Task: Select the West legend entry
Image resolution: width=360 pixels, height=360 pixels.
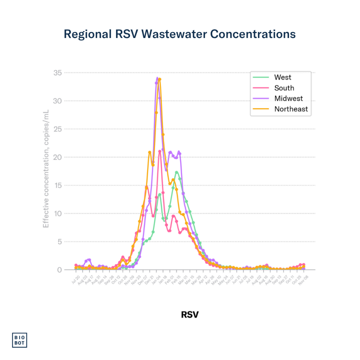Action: (283, 77)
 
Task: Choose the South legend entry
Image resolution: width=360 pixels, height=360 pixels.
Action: (284, 88)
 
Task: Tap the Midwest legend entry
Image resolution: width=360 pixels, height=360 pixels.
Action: (288, 98)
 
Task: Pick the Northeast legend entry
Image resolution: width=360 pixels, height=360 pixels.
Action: (291, 109)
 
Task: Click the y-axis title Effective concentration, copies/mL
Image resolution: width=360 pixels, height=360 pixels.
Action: (46, 169)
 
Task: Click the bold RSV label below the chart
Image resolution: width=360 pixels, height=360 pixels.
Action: (189, 314)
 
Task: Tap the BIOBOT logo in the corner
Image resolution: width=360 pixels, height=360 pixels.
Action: (20, 340)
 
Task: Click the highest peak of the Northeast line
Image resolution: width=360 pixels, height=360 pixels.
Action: (160, 79)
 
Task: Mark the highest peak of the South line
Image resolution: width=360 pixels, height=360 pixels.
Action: (160, 151)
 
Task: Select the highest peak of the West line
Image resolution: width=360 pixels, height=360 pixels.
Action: (176, 172)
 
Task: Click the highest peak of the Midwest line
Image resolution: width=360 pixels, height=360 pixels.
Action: (157, 78)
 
